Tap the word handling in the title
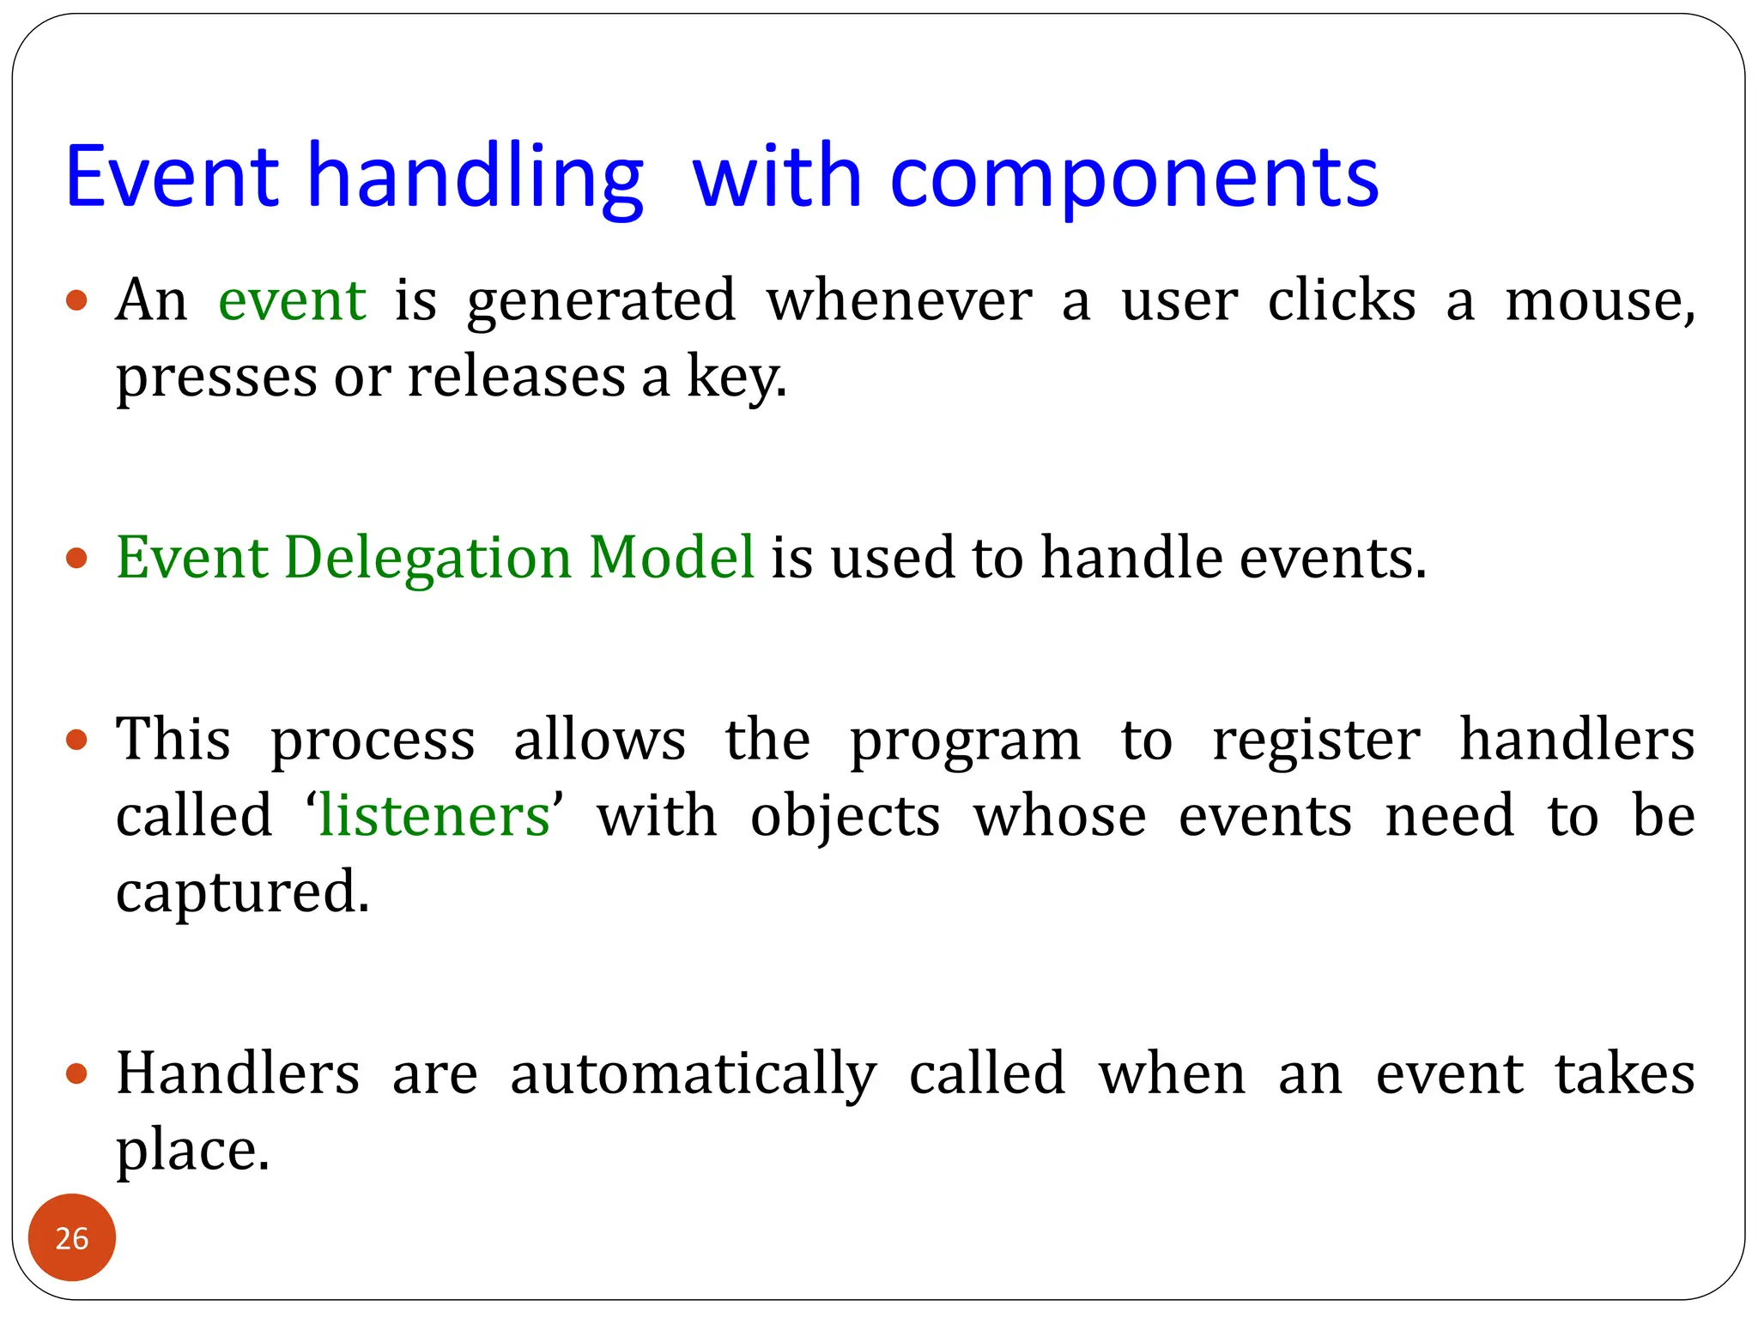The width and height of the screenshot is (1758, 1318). pyautogui.click(x=475, y=178)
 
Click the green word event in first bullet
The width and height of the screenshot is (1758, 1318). pyautogui.click(x=292, y=301)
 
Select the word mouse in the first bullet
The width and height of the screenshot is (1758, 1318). pyautogui.click(x=1598, y=301)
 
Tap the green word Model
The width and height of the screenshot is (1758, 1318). pyautogui.click(x=671, y=559)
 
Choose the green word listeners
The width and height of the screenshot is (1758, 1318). pyautogui.click(x=433, y=816)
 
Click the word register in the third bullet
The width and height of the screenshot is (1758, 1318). pyautogui.click(x=1315, y=741)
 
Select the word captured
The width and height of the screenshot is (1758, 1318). pyautogui.click(x=242, y=892)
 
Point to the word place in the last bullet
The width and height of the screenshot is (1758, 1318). pyautogui.click(x=192, y=1151)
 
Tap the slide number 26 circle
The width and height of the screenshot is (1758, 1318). pyautogui.click(x=72, y=1237)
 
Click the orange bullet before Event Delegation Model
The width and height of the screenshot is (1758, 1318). pyautogui.click(x=77, y=559)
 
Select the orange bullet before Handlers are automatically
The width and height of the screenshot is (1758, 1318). pyautogui.click(x=77, y=1074)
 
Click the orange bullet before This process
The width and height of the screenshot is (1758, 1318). pyautogui.click(x=77, y=740)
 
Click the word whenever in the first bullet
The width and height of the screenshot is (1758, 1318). pyautogui.click(x=899, y=301)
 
